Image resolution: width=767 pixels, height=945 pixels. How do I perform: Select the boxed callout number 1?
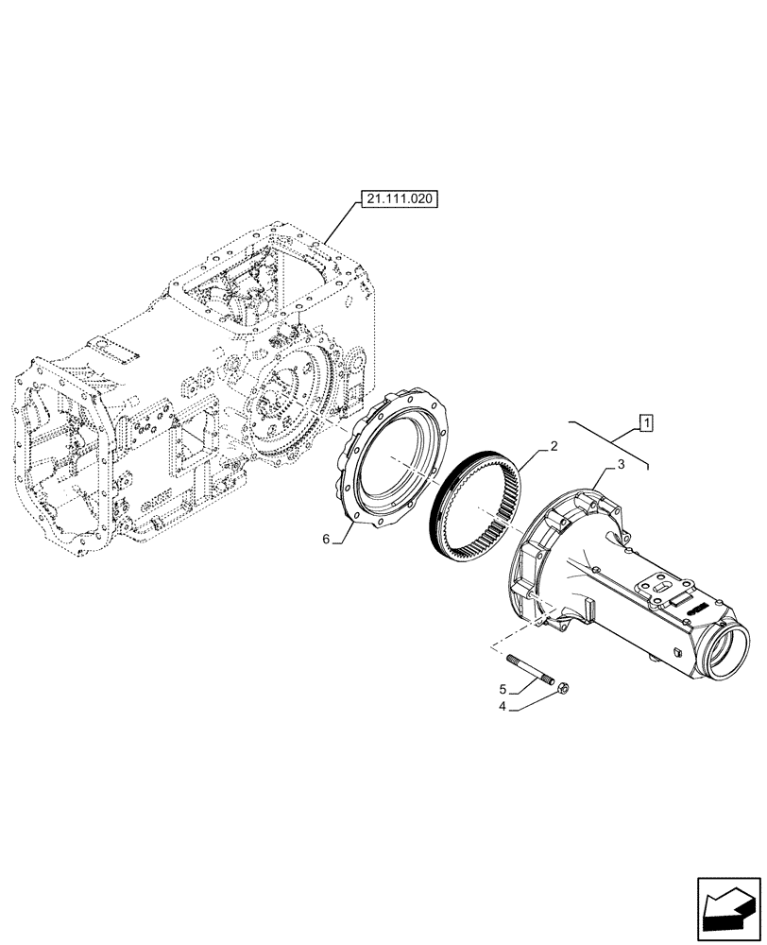click(x=645, y=422)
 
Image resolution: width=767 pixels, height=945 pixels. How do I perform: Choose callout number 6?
click(x=326, y=539)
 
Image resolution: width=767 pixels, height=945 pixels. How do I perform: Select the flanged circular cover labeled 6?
click(x=397, y=459)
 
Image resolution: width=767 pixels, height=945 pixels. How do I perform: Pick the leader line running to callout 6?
click(x=343, y=530)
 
